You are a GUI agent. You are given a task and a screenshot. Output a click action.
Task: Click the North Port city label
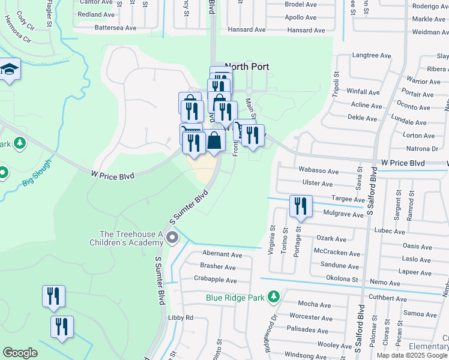(x=247, y=67)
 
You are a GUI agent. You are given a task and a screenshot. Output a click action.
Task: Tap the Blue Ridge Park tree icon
(x=274, y=297)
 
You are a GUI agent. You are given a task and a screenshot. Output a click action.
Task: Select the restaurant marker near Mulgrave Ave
(x=300, y=206)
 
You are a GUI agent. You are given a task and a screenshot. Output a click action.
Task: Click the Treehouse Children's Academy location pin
(x=172, y=239)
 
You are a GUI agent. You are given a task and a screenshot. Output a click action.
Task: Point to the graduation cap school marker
(x=10, y=70)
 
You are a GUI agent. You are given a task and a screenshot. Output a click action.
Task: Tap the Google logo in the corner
(x=20, y=353)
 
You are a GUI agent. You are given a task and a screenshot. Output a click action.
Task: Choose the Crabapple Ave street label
(x=215, y=279)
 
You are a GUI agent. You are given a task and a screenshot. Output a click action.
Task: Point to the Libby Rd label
(x=181, y=317)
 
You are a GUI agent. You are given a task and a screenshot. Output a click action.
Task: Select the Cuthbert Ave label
(x=387, y=298)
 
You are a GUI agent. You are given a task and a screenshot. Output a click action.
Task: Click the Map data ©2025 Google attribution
(x=412, y=355)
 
